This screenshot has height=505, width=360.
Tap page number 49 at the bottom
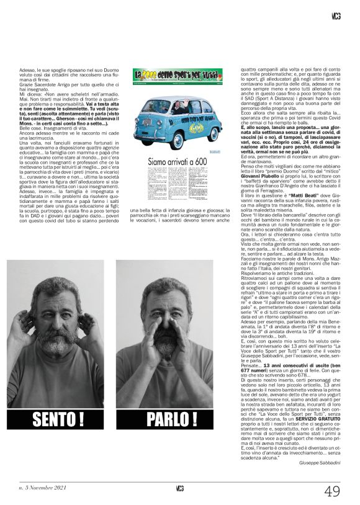point(332,491)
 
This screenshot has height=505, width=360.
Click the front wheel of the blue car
point(151,137)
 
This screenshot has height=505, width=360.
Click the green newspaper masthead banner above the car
point(177,75)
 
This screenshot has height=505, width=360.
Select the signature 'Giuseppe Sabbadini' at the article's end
point(320,463)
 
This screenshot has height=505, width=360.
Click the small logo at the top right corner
point(336,16)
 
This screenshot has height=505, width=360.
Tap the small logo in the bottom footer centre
point(180,488)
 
